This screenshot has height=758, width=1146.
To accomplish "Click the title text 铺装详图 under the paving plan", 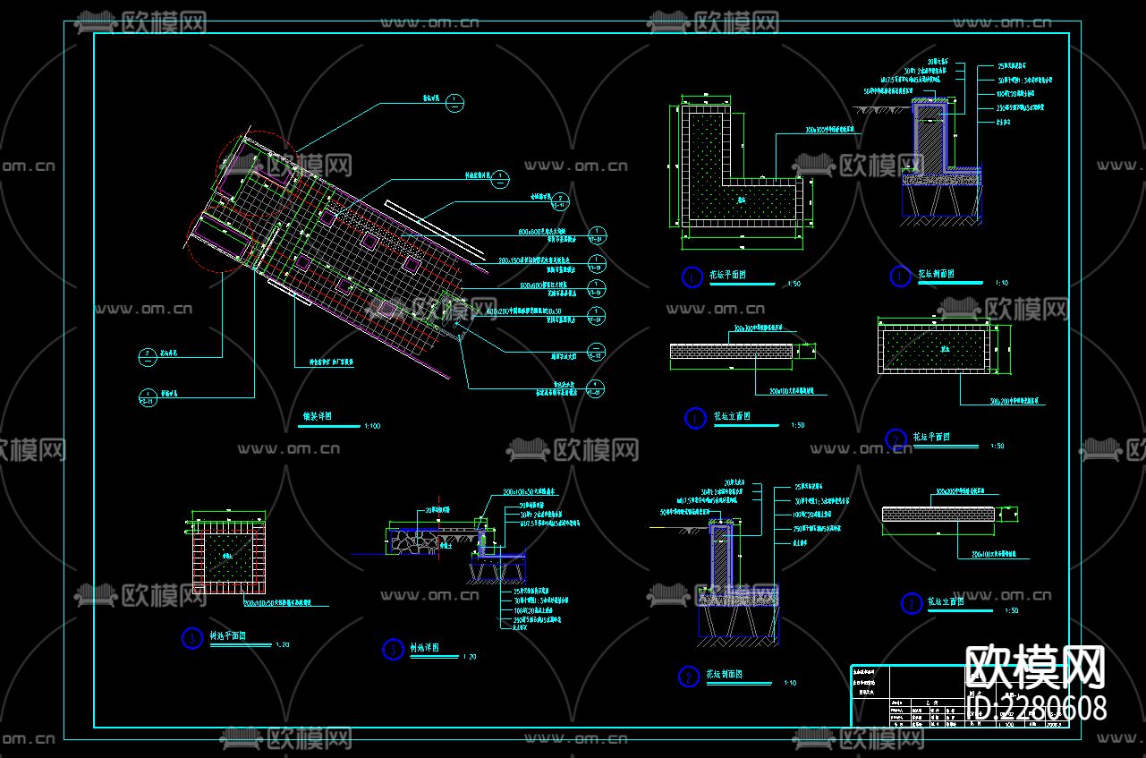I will [x=318, y=416].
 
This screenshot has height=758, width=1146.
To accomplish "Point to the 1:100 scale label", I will [x=372, y=426].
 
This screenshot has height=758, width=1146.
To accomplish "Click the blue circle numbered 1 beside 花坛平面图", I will [x=692, y=277].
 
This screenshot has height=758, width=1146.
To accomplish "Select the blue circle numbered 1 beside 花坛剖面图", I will [x=900, y=277].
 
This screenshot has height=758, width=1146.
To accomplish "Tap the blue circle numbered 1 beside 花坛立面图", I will [x=695, y=418].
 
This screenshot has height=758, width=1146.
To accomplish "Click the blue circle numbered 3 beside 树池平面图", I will [x=191, y=638].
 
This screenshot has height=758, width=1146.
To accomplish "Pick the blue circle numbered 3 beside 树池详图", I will [x=393, y=650].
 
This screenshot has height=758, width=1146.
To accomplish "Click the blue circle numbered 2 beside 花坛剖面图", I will [x=688, y=677].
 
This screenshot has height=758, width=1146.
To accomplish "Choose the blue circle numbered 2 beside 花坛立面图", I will [x=911, y=604].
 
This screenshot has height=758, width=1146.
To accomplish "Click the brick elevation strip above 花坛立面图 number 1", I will [x=733, y=354].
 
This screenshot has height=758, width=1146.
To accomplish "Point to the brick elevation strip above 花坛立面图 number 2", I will [x=938, y=515].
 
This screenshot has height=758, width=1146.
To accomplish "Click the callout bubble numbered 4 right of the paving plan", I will [x=594, y=388].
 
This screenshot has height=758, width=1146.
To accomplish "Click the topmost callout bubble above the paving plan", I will [x=454, y=101].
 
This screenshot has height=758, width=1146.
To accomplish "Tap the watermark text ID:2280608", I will [x=1038, y=708].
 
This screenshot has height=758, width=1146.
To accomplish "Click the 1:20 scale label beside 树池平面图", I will [x=284, y=645].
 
